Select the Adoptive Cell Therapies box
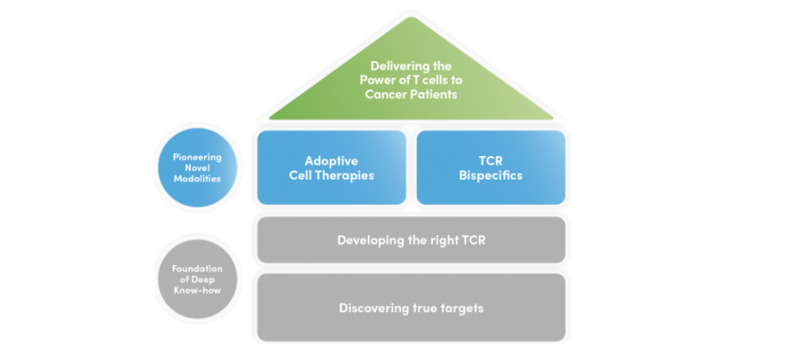tap(331, 167)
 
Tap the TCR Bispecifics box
tap(490, 167)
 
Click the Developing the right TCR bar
tap(411, 240)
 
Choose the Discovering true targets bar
tap(411, 308)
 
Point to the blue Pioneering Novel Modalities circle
tap(197, 167)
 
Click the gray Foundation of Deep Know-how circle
tap(197, 279)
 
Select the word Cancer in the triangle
tap(383, 94)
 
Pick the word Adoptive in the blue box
tap(331, 161)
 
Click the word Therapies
tap(348, 175)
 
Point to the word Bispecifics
tap(490, 175)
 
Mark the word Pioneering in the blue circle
tap(197, 157)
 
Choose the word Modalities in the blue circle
tap(197, 179)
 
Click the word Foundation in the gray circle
tap(197, 268)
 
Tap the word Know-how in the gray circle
tap(197, 290)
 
